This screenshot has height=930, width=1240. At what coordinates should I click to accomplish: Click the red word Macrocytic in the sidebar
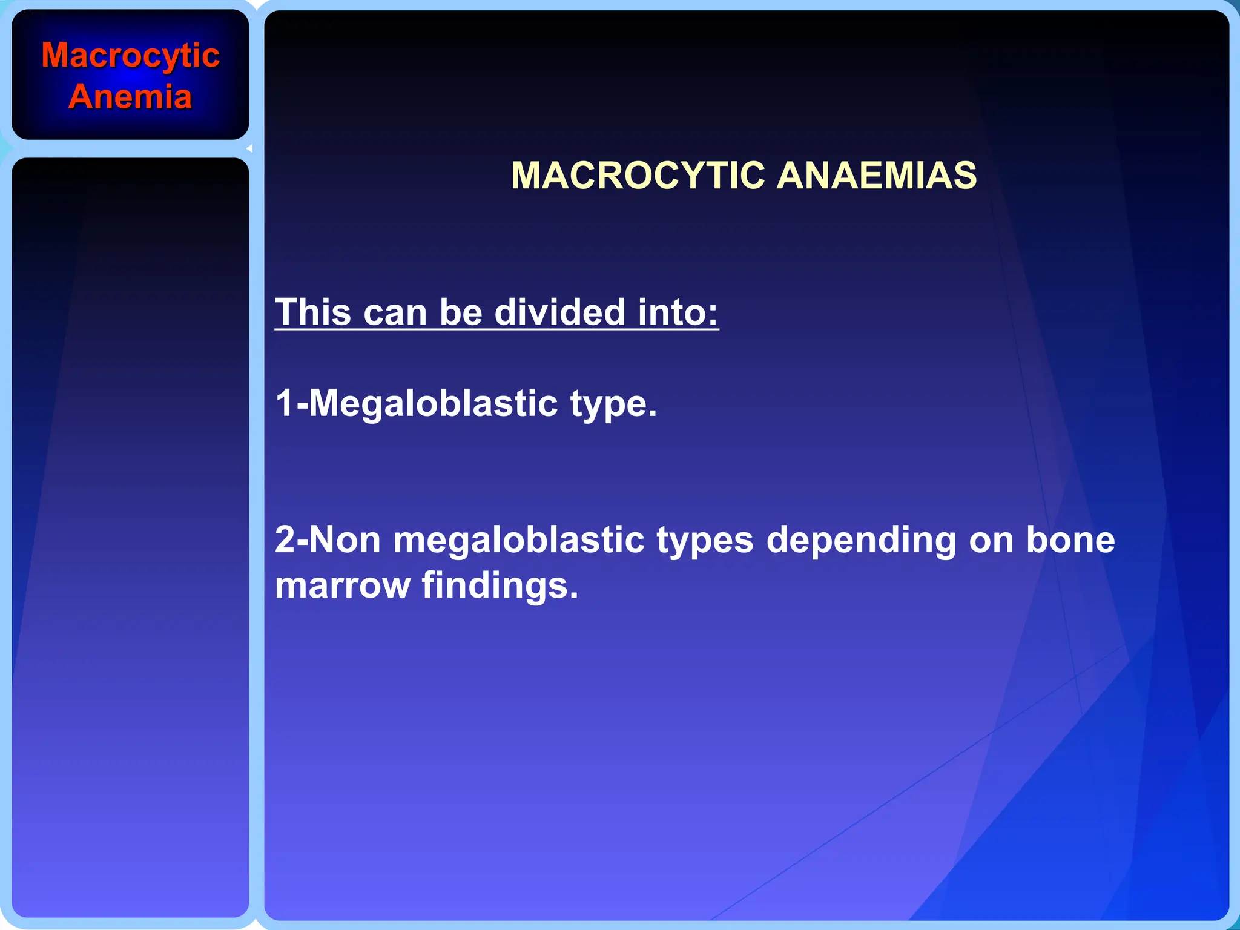[130, 56]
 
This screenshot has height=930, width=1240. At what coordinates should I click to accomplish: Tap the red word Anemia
[130, 97]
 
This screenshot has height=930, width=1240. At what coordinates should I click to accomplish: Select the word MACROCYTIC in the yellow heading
[638, 176]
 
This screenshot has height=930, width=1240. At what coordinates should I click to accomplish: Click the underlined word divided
[559, 312]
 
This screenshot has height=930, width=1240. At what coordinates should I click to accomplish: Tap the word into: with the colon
[678, 312]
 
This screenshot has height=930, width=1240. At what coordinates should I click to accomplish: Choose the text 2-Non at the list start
[328, 539]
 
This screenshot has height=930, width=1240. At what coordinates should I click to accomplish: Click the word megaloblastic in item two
[518, 539]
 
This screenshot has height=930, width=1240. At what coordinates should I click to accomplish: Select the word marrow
[343, 586]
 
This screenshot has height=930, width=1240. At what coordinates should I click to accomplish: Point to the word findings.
[500, 586]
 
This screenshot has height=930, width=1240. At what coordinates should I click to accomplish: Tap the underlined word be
[461, 312]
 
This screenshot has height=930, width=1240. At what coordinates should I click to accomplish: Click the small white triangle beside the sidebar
[249, 148]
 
